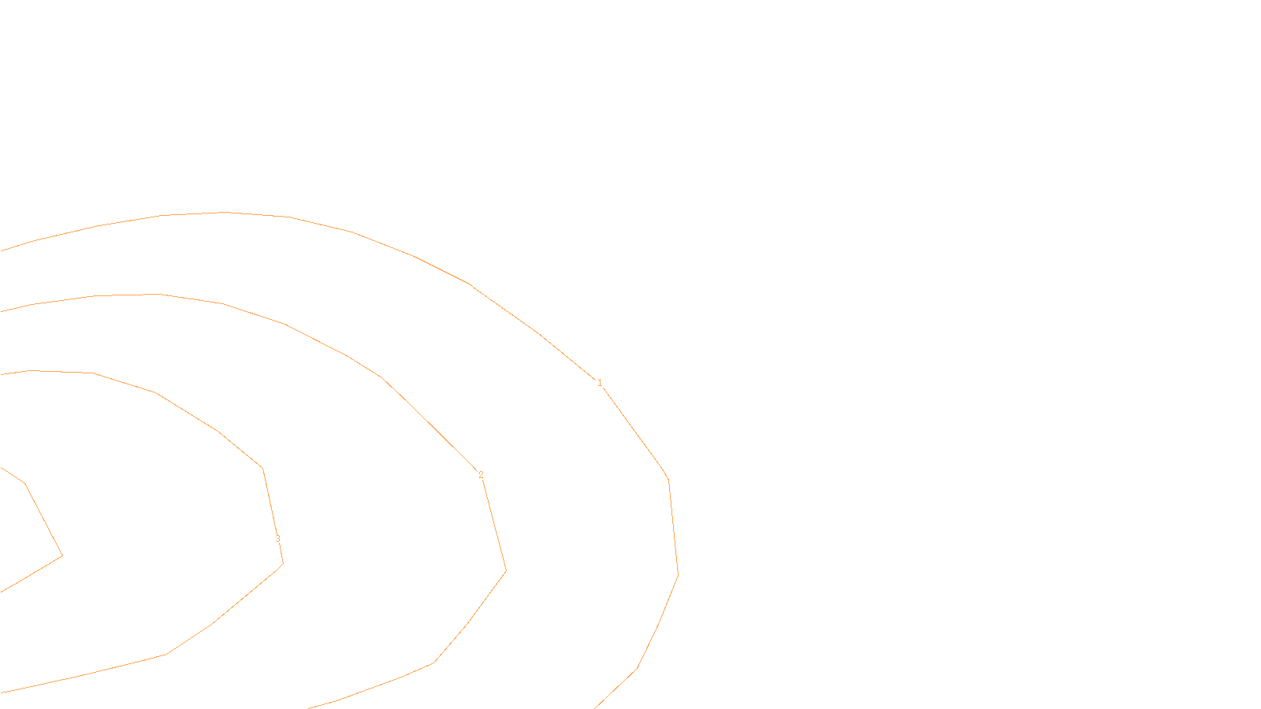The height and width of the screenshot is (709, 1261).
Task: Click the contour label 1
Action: click(x=600, y=383)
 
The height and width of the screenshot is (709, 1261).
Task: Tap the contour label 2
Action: click(x=481, y=475)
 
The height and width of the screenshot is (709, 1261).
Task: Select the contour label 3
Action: click(x=277, y=539)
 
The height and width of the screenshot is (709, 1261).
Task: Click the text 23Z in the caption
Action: click(x=597, y=696)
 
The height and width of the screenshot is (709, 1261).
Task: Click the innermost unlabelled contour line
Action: click(x=43, y=520)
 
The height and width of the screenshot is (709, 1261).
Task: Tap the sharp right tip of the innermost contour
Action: click(x=62, y=555)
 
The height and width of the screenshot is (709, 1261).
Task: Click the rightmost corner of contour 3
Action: click(x=283, y=563)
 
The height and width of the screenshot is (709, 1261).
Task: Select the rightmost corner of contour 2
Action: click(x=505, y=570)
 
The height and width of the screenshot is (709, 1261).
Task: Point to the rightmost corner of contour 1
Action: click(x=678, y=574)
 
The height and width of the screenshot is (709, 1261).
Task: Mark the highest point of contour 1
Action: click(x=227, y=212)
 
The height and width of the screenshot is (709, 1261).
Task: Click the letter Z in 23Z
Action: click(x=603, y=696)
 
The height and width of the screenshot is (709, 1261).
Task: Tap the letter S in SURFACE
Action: click(x=614, y=696)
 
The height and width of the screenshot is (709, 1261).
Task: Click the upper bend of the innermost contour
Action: click(x=25, y=484)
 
